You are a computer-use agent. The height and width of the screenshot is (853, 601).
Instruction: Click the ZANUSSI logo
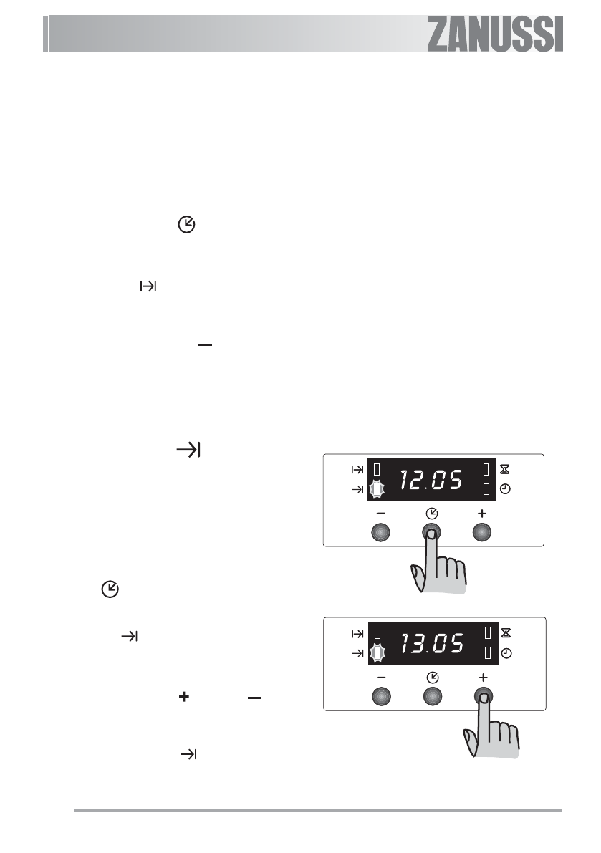494,34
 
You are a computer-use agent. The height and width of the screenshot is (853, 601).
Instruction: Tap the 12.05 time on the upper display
431,480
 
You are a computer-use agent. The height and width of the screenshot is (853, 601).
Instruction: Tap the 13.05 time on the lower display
433,644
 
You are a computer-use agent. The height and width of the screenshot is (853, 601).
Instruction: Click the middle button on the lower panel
433,696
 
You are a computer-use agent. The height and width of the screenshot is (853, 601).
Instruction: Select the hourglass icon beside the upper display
505,469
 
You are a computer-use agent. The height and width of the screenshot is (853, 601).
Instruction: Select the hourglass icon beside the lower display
506,632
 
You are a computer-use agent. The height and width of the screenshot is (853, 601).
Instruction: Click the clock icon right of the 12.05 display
505,489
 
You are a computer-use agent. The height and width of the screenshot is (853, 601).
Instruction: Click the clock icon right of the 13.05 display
506,652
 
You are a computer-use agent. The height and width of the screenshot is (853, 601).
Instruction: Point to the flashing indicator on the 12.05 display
376,490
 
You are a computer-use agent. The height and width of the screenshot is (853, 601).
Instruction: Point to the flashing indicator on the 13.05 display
377,652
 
